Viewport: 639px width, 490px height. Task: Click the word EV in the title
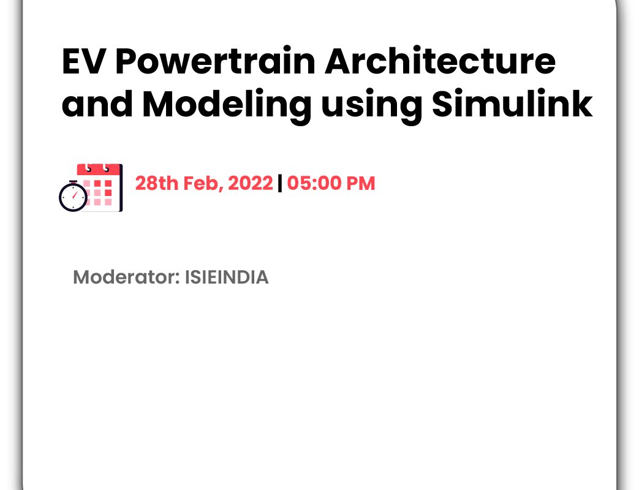[x=81, y=61]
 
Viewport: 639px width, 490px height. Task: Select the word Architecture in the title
[x=440, y=61]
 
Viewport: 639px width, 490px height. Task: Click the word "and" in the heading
[x=97, y=104]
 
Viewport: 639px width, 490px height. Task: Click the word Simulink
[x=512, y=104]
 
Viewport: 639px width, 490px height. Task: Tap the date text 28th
[x=157, y=183]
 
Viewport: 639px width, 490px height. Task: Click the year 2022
[x=250, y=183]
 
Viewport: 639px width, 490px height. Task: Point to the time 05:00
[x=314, y=183]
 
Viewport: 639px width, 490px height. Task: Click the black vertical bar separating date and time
[x=279, y=183]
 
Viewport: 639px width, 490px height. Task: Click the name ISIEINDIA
[x=227, y=277]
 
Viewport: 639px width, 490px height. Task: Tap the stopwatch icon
[x=73, y=197]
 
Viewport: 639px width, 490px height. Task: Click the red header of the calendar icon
[x=99, y=170]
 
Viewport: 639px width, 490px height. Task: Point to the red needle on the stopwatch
[x=75, y=195]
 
